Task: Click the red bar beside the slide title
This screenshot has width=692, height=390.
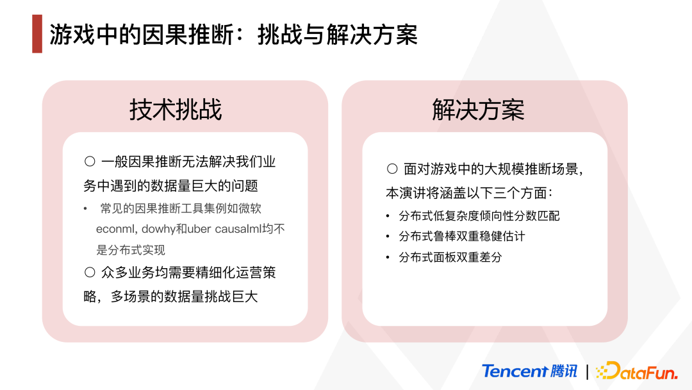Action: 37,34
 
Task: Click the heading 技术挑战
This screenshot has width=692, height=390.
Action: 176,110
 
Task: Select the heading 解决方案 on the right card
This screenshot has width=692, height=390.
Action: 479,110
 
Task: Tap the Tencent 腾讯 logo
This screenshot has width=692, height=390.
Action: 530,371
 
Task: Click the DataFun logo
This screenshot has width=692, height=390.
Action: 637,371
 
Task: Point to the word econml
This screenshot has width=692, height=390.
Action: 115,229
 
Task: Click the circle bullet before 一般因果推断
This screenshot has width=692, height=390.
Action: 90,161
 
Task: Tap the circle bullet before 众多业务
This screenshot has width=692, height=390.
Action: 90,272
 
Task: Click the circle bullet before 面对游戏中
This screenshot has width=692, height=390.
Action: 392,169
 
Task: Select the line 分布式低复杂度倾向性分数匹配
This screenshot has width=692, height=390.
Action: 479,216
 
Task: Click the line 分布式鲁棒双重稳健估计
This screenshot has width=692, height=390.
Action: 461,236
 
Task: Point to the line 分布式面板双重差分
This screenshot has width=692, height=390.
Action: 450,257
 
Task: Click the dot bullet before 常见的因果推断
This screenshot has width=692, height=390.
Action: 85,208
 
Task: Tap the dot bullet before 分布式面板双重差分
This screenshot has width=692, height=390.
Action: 388,257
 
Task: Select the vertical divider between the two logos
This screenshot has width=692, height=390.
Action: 587,371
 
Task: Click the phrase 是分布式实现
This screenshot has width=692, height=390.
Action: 131,250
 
